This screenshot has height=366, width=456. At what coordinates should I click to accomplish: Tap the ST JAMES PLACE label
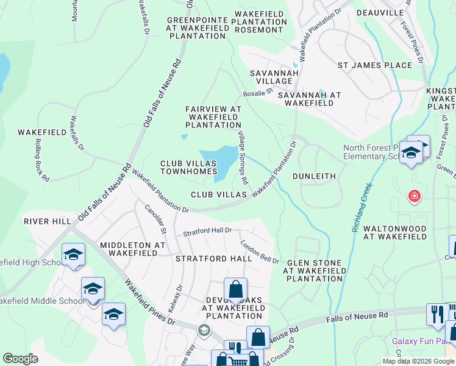point(375,65)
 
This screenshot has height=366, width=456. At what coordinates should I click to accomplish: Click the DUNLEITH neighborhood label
point(314,176)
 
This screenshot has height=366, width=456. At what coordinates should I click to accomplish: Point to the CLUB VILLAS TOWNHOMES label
point(189,168)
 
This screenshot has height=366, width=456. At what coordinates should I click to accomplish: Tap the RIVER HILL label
point(48,221)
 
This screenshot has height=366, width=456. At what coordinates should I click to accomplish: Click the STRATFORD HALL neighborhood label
point(213,259)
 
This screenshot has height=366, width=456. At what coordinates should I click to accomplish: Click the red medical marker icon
point(414,196)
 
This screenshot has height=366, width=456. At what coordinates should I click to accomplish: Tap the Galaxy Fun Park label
point(421,340)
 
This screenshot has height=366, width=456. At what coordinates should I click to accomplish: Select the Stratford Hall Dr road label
point(208,231)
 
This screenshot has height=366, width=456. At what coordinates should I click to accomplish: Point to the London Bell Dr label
point(260,251)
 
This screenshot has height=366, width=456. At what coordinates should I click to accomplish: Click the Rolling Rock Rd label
point(41,166)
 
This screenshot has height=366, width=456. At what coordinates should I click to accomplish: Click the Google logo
point(20,359)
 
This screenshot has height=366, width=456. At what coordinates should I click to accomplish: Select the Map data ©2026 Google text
point(418,361)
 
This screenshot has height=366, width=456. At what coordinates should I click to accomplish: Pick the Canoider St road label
point(155,218)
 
